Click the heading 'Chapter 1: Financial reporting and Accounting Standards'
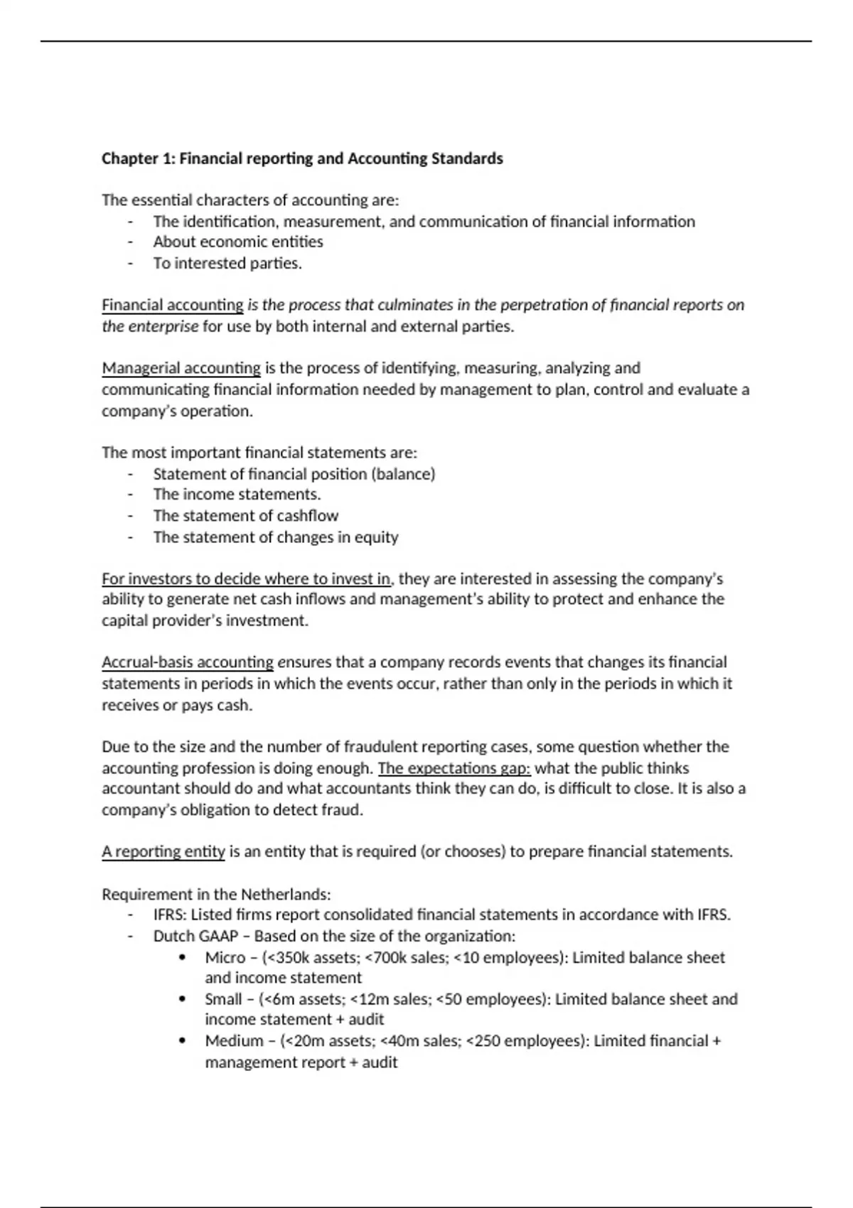[302, 158]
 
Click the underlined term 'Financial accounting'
[173, 305]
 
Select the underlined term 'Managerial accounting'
[181, 368]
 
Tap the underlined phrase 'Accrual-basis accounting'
[188, 662]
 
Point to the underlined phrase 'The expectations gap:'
[454, 768]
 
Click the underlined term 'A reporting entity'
[163, 851]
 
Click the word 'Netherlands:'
[286, 894]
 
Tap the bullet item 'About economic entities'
[238, 242]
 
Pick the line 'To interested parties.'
[227, 263]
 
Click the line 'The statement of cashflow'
[246, 516]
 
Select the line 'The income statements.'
[237, 495]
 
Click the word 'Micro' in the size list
[225, 958]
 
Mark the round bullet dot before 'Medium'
[183, 1041]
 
